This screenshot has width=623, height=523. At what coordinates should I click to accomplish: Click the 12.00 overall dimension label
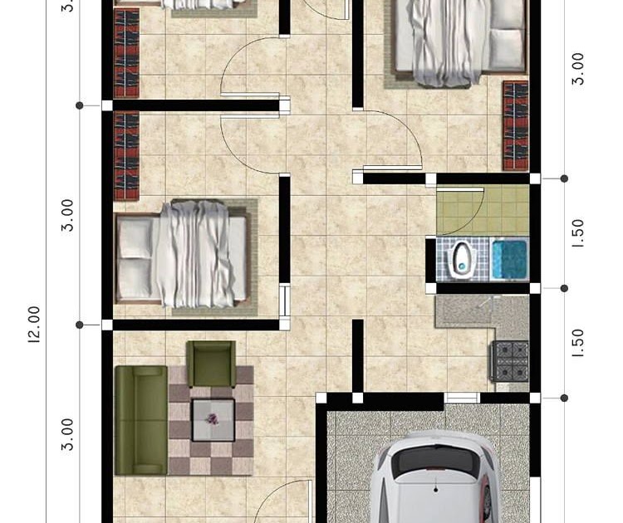tap(34, 325)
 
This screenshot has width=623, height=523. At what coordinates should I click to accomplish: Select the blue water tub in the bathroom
tap(508, 259)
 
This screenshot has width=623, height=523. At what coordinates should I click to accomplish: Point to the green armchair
tap(211, 364)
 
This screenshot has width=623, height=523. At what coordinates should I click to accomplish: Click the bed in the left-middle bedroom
tap(184, 252)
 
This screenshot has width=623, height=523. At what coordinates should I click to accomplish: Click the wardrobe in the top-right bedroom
tap(515, 125)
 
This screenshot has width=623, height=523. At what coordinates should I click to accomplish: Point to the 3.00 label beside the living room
tap(67, 434)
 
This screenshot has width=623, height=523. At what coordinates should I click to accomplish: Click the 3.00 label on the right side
tap(579, 69)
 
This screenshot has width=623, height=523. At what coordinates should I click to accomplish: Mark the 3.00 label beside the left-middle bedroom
tap(67, 215)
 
